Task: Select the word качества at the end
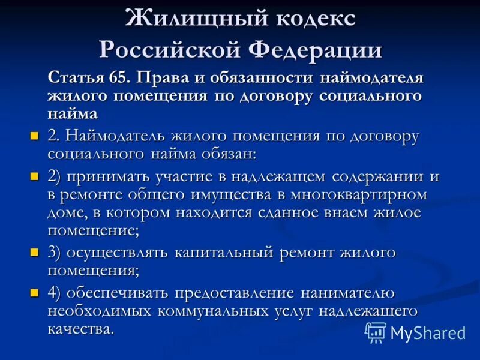coord(80,329)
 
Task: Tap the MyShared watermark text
coord(428,333)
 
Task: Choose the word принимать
coord(101,177)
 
